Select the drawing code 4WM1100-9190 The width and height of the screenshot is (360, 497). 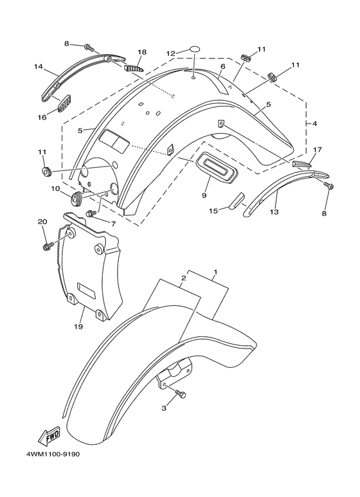[53, 455]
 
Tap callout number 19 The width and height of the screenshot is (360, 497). [78, 326]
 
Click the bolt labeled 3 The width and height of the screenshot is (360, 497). [181, 394]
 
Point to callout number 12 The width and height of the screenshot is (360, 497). [171, 53]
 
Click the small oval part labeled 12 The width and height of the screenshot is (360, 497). [195, 49]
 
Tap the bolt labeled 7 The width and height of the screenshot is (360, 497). [91, 213]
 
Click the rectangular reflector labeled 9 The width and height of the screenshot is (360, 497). [217, 168]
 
